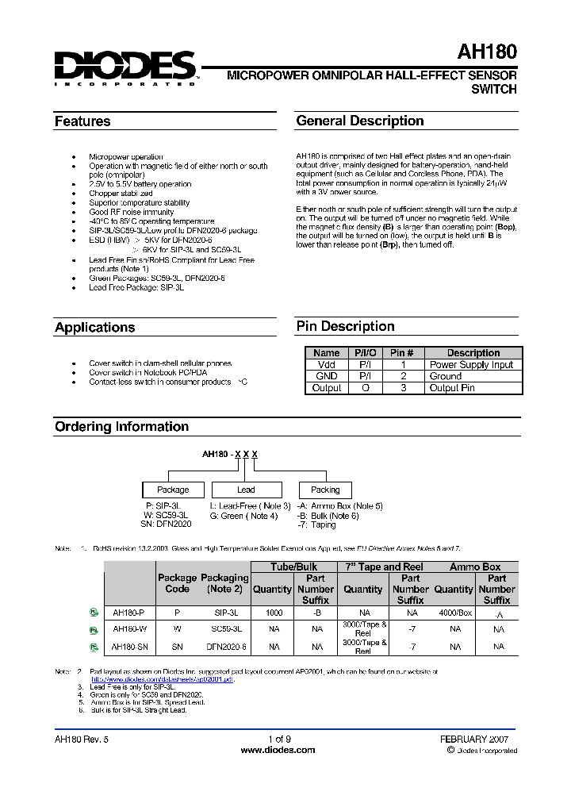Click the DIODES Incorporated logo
(x=125, y=67)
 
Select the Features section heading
(x=82, y=121)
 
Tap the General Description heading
(x=359, y=121)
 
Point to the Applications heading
(x=94, y=327)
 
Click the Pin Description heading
(x=345, y=326)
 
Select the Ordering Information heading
(x=121, y=426)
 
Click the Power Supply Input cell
(x=471, y=365)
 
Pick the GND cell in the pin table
(x=327, y=376)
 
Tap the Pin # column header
(x=402, y=353)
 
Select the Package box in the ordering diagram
(x=173, y=490)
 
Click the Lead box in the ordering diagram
(x=246, y=490)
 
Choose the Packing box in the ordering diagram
(x=325, y=490)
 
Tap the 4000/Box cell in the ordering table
(x=454, y=613)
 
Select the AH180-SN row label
(x=129, y=647)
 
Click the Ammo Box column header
(x=475, y=567)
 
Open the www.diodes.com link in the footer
(x=278, y=750)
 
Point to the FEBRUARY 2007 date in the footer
(x=474, y=739)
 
